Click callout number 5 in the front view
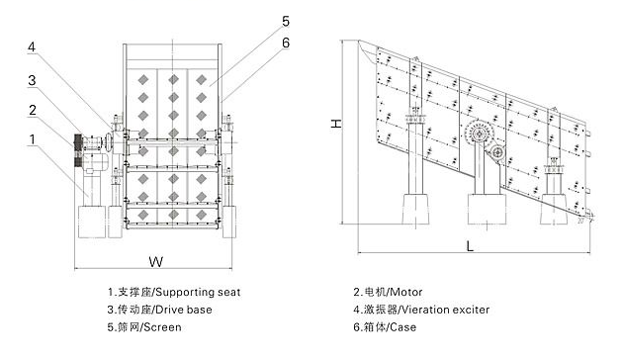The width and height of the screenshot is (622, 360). coord(286,21)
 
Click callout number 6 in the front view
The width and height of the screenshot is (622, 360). coord(286,43)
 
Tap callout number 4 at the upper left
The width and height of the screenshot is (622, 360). coord(32,47)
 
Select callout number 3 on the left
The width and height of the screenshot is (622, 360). coord(32,80)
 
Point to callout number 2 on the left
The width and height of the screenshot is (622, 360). coord(33,110)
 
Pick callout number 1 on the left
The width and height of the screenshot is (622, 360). coord(33,139)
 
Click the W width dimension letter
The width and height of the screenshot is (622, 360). coord(156,261)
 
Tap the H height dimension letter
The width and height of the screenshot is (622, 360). coord(336,124)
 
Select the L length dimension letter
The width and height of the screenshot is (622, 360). coord(470,246)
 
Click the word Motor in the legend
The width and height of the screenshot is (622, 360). coord(406,292)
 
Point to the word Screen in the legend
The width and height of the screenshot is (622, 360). coord(162,327)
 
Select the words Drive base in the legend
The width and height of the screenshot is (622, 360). coord(184,310)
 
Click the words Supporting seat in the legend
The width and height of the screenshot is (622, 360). coord(198,293)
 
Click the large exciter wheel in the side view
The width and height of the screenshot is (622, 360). coord(479,134)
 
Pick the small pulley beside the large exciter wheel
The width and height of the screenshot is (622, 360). coord(497,151)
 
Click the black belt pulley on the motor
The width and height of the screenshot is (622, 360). coord(78,149)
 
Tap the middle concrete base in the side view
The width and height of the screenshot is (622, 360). coord(487,209)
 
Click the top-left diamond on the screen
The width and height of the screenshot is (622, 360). coord(143,80)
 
